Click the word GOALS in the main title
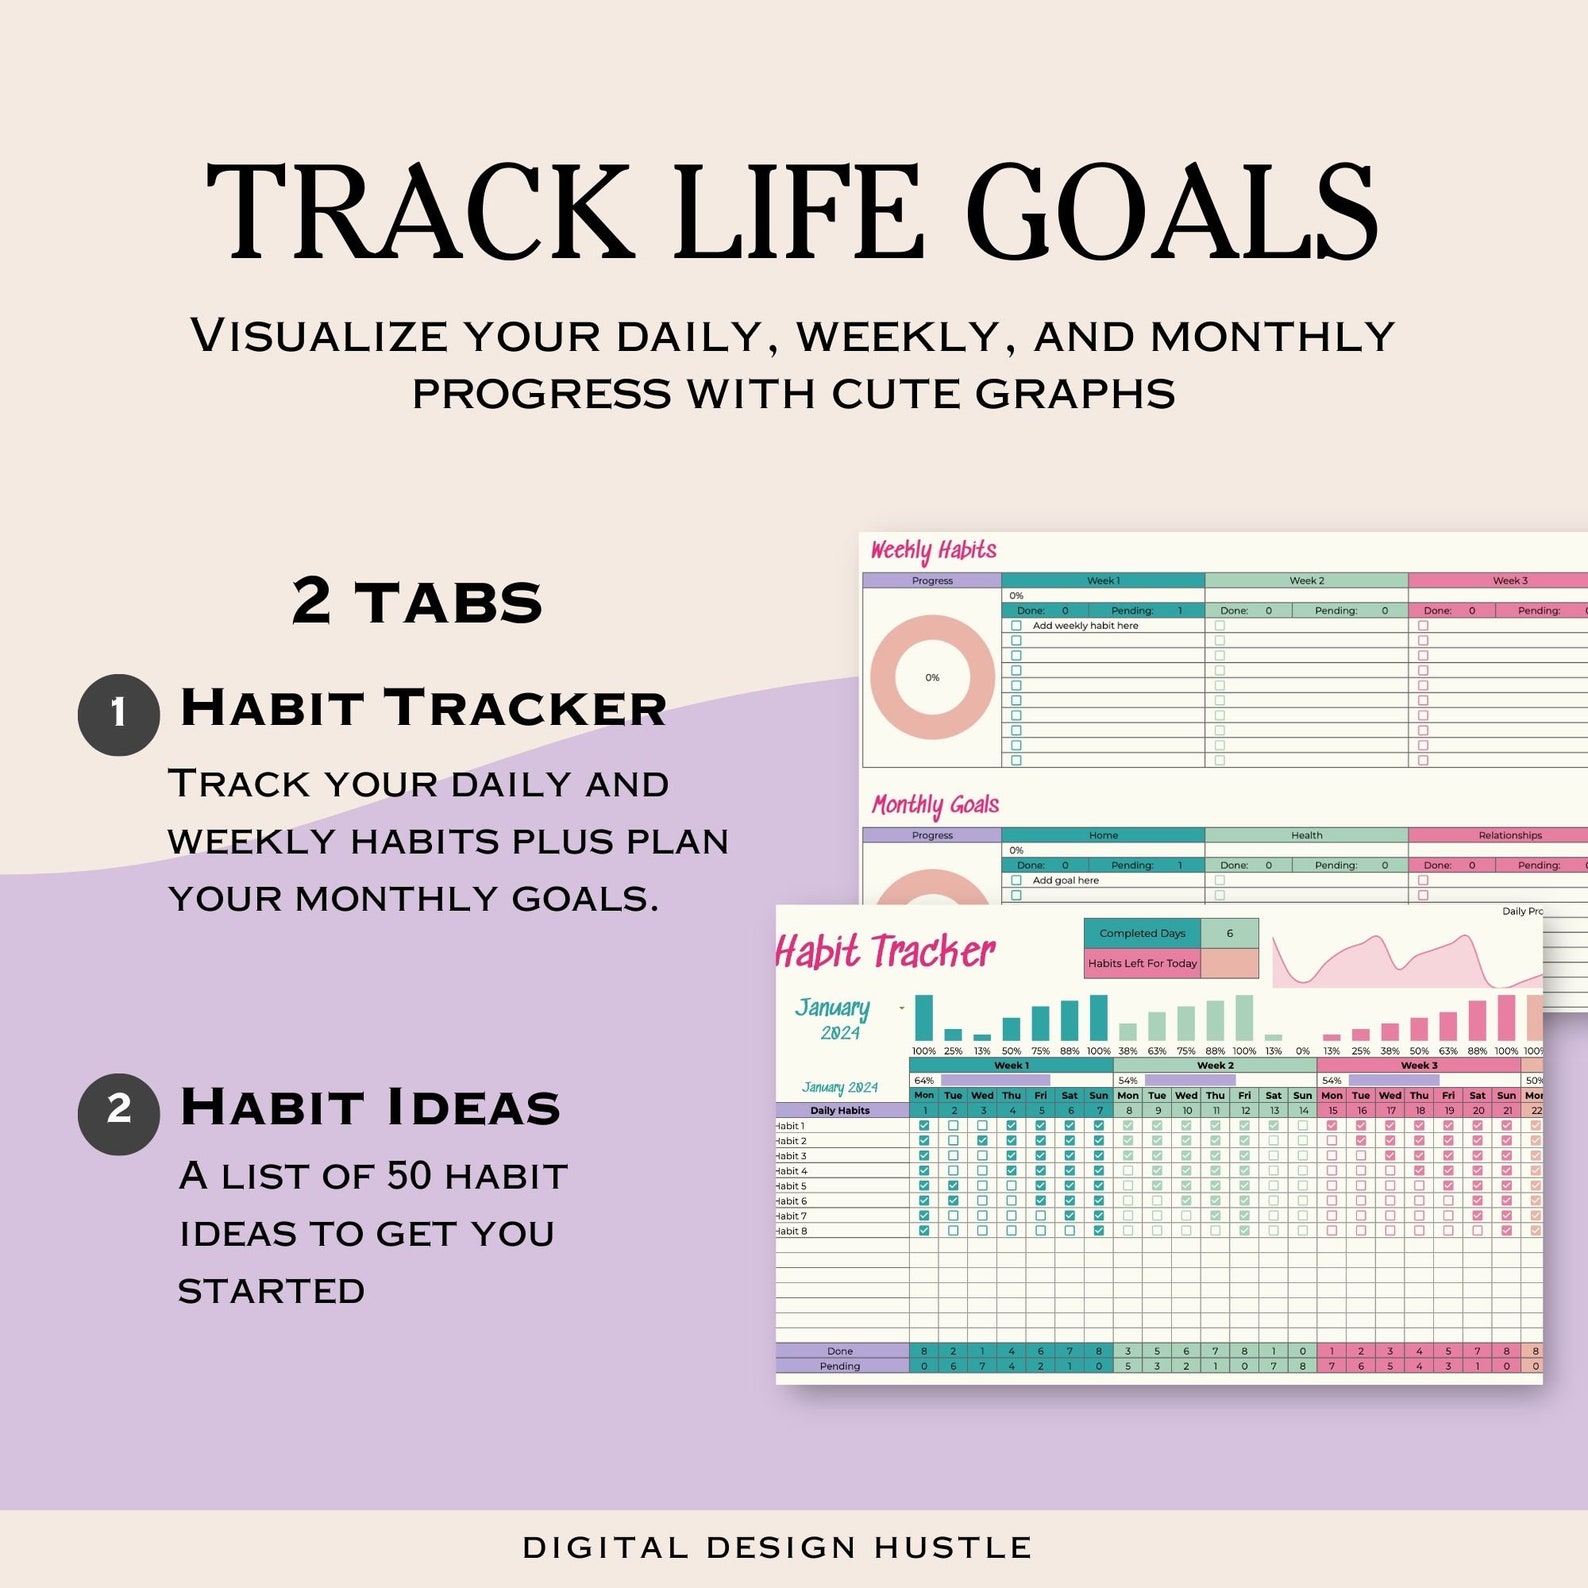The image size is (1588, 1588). pos(1171,213)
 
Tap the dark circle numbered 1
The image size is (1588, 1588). pos(118,714)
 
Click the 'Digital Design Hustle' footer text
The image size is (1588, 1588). pos(777,1547)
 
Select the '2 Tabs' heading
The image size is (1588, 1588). pos(417,602)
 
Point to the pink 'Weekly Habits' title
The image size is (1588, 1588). pos(933,550)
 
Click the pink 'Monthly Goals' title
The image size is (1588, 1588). pos(935,805)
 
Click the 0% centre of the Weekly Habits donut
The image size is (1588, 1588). pos(932,678)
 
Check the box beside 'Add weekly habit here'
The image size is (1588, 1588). pos(1016,626)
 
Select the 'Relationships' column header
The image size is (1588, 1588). pos(1509,835)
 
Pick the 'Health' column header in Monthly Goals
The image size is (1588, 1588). pos(1306,835)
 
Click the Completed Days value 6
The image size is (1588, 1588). pos(1229,933)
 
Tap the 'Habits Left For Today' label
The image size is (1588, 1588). pos(1142,963)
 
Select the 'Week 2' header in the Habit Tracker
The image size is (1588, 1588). pos(1215,1065)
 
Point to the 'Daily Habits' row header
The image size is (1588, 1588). pos(840,1110)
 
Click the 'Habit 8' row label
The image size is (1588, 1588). pos(791,1231)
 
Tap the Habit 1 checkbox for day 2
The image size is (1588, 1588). pos(953,1126)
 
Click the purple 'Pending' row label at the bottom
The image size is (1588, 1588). pos(840,1366)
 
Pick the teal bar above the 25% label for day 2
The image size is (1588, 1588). pos(953,1035)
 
